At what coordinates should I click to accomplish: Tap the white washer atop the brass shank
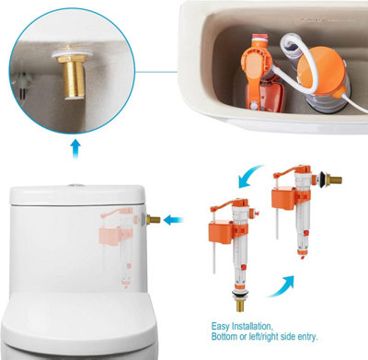70,55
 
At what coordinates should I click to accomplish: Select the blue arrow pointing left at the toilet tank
173,220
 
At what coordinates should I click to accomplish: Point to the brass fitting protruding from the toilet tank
153,219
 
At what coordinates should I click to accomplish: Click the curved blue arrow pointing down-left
250,176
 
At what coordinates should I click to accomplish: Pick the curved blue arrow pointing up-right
282,286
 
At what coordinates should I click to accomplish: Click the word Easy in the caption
221,326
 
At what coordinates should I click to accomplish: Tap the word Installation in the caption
251,326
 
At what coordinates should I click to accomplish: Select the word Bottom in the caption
224,337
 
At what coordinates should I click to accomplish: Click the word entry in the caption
307,337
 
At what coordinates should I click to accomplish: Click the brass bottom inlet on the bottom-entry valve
240,306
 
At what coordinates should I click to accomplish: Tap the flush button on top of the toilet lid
75,185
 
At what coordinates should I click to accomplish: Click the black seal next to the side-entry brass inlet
321,178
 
